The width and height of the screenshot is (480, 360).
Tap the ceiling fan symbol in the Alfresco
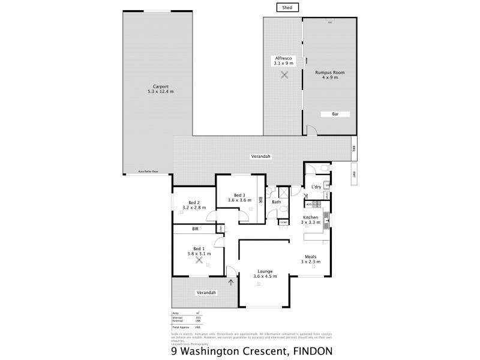[x=283, y=75]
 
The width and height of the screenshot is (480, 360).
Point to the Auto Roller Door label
[x=148, y=172]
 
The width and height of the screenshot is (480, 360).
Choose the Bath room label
[x=276, y=202]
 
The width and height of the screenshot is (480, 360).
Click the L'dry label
[x=316, y=187]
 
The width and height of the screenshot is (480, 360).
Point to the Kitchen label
[x=310, y=217]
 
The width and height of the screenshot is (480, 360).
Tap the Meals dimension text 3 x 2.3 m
[x=310, y=262]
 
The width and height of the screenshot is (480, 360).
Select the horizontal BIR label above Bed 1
[x=196, y=229]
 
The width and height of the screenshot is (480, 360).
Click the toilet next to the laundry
[x=324, y=169]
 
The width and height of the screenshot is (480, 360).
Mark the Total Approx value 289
[x=197, y=328]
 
